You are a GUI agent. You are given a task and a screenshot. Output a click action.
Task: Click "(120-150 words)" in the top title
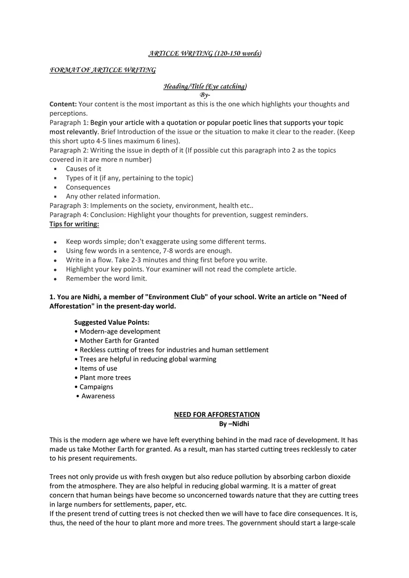pyautogui.click(x=238, y=53)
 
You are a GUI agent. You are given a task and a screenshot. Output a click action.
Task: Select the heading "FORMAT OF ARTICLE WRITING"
pyautogui.click(x=103, y=70)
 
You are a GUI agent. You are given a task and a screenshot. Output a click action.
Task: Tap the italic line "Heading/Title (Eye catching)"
pyautogui.click(x=205, y=86)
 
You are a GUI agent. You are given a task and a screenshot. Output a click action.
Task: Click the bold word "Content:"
pyautogui.click(x=63, y=104)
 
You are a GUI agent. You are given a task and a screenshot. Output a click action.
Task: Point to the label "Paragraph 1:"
pyautogui.click(x=69, y=123)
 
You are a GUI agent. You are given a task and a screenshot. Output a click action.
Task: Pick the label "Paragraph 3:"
pyautogui.click(x=69, y=205)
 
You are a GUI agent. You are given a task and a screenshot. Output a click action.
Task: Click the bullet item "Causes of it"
pyautogui.click(x=84, y=169)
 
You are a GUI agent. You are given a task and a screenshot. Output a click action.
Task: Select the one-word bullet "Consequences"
pyautogui.click(x=88, y=187)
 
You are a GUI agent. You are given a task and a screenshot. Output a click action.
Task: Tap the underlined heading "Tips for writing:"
pyautogui.click(x=74, y=224)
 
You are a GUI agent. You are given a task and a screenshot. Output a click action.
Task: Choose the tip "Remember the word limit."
pyautogui.click(x=106, y=279)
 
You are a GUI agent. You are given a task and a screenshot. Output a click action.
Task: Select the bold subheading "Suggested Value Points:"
pyautogui.click(x=112, y=322)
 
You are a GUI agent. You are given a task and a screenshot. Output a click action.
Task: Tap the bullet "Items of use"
pyautogui.click(x=98, y=368)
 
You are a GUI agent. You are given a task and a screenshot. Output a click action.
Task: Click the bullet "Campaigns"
pyautogui.click(x=96, y=387)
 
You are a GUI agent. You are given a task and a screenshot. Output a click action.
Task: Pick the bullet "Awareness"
pyautogui.click(x=98, y=396)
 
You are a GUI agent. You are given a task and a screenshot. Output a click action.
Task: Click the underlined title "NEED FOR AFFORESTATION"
pyautogui.click(x=217, y=414)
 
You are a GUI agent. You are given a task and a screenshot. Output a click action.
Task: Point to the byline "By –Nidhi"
pyautogui.click(x=234, y=424)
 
